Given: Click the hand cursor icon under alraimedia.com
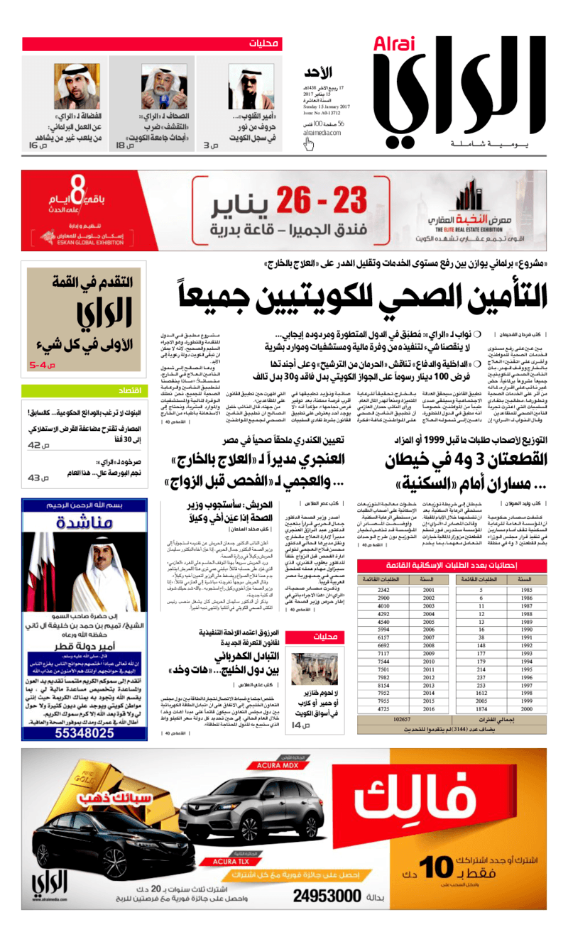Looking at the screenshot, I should (x=309, y=144).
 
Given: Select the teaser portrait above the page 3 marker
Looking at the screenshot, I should (x=251, y=87).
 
